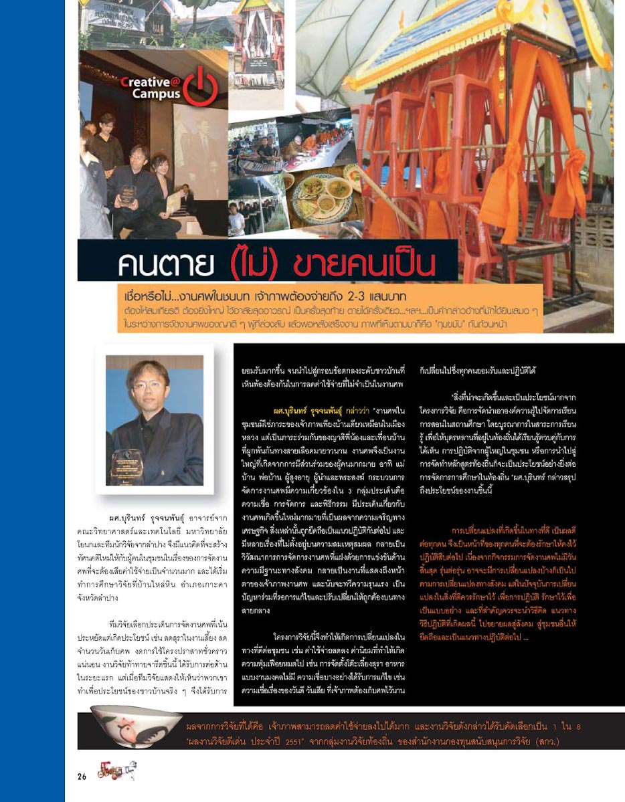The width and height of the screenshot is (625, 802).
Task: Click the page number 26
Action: [x=82, y=776]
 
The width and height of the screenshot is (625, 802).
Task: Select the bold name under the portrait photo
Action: [x=150, y=518]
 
